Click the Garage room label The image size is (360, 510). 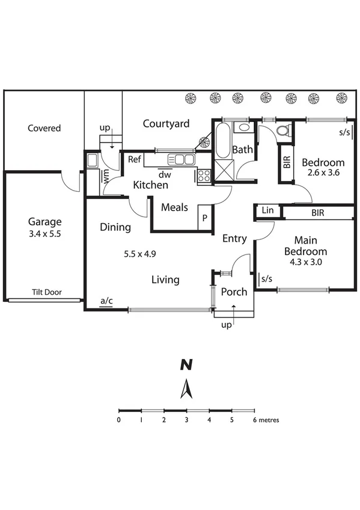[45, 221]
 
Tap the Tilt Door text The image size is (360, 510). [49, 293]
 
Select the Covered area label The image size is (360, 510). [44, 128]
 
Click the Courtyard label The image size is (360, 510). [166, 124]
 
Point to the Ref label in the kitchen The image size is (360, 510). [135, 159]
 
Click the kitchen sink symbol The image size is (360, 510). [181, 159]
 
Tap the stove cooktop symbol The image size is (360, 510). [204, 176]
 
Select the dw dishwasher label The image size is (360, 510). [165, 174]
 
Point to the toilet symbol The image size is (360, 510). [282, 131]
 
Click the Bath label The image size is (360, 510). [243, 149]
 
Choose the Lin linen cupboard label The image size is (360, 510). [267, 211]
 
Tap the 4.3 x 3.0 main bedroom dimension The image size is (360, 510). [305, 262]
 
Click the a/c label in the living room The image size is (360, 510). [106, 300]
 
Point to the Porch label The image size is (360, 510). [234, 292]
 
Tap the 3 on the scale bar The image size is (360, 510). [187, 420]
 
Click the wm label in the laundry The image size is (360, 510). [106, 176]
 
